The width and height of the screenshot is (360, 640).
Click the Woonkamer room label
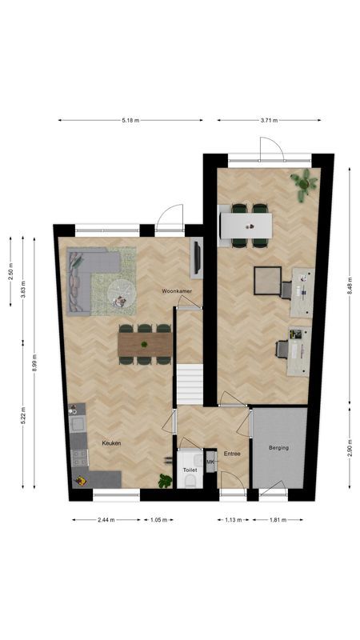[x=176, y=290]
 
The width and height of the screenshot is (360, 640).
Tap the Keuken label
[x=111, y=442]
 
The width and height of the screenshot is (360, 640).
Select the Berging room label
[x=278, y=448]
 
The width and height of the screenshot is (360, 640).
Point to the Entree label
[x=232, y=454]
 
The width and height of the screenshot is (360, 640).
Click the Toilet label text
[x=190, y=470]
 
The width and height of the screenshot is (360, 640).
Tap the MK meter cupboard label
[x=210, y=462]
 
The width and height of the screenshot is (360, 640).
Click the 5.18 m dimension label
[x=130, y=120]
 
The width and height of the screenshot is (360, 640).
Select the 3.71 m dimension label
[x=269, y=120]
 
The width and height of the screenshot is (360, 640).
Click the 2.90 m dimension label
[x=349, y=448]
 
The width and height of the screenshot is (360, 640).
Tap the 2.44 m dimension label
[x=106, y=520]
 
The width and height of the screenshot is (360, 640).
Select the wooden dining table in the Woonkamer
[x=145, y=344]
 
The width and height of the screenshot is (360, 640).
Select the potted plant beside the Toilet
[x=166, y=480]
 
